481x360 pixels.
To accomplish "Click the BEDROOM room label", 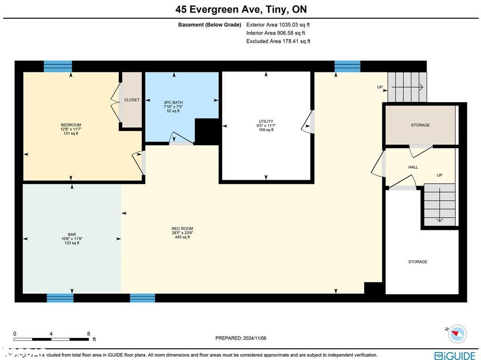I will click(x=71, y=125).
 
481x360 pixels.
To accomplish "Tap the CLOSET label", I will click(x=132, y=100).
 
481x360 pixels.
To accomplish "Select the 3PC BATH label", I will click(x=173, y=102).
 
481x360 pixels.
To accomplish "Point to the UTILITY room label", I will click(x=266, y=121).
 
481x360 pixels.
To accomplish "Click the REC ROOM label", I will click(x=182, y=229).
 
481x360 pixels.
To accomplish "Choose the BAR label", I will click(x=71, y=234).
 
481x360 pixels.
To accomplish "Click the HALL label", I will click(x=413, y=167).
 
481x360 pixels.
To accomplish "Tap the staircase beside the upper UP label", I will click(x=407, y=87).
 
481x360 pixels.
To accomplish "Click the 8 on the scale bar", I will click(x=88, y=333).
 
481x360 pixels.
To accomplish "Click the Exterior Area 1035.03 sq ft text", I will click(x=278, y=24).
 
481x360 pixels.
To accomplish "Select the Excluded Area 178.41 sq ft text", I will click(x=278, y=41).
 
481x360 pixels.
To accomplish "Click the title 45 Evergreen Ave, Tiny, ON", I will click(x=241, y=9).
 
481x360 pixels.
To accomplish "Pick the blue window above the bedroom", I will click(x=58, y=66).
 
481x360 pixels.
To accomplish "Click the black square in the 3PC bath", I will click(x=207, y=131).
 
